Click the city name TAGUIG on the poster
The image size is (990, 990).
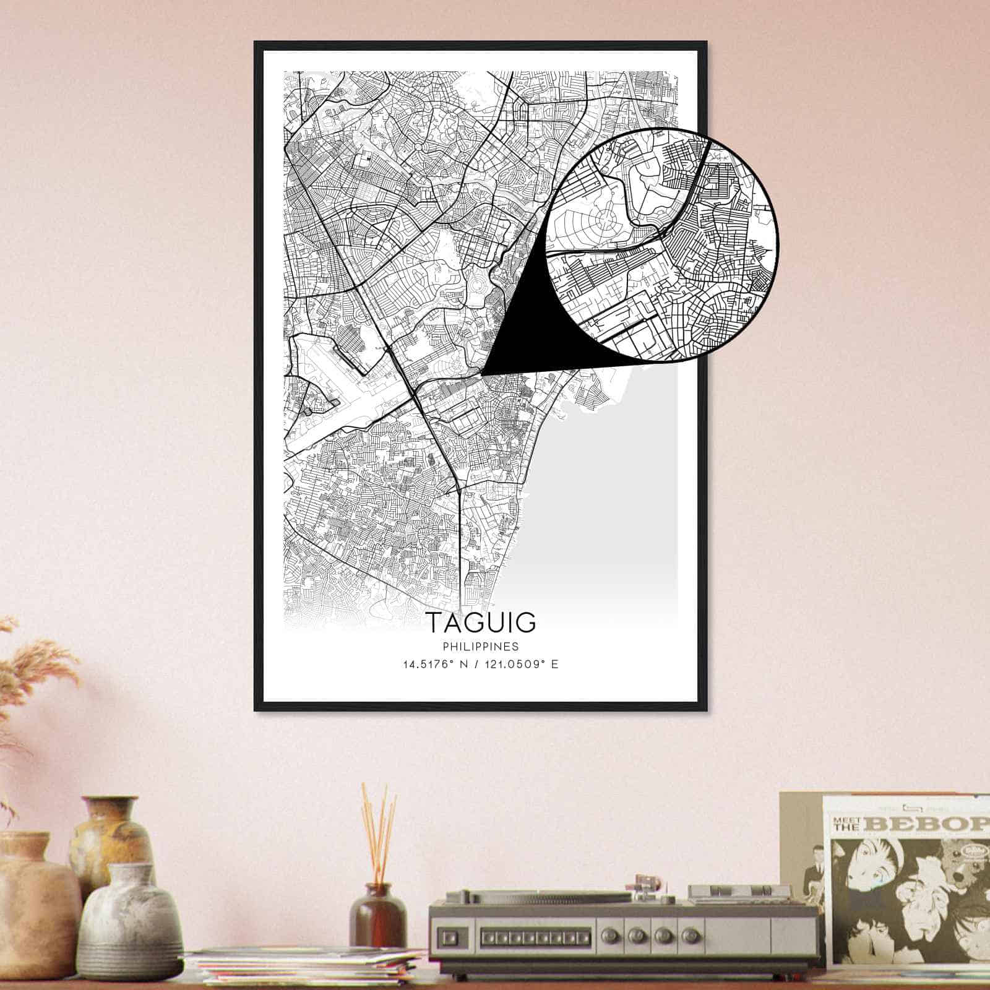480,623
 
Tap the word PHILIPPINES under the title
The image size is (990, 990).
480,647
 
